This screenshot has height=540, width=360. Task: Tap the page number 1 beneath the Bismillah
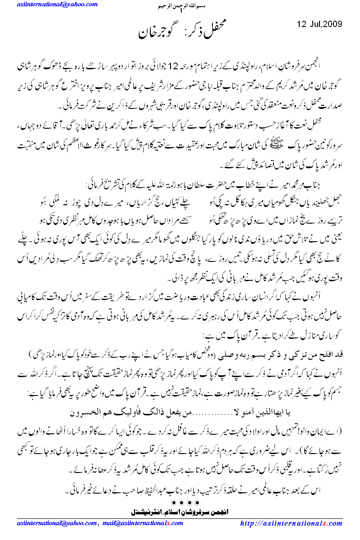(x=180, y=13)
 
